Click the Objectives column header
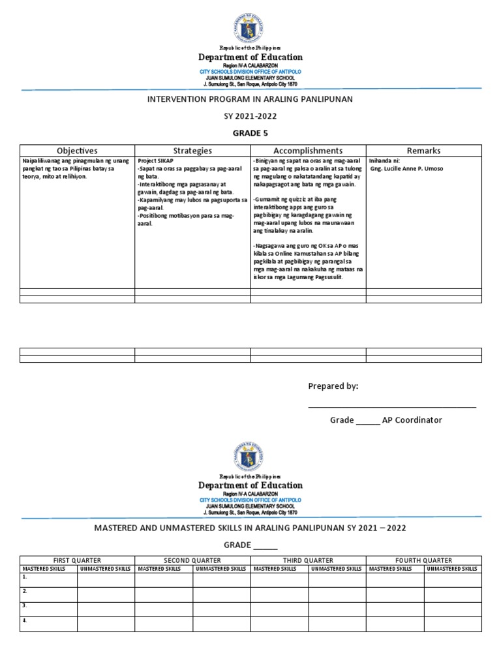[77, 151]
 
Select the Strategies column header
[192, 151]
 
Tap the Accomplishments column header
[308, 151]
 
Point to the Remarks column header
[423, 151]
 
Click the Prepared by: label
[333, 386]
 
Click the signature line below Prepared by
[391, 407]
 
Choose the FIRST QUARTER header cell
[77, 560]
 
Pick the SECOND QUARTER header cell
[192, 560]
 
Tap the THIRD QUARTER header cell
[308, 560]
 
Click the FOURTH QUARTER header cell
[423, 560]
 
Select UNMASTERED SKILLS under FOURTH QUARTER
[452, 569]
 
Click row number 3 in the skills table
[24, 605]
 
